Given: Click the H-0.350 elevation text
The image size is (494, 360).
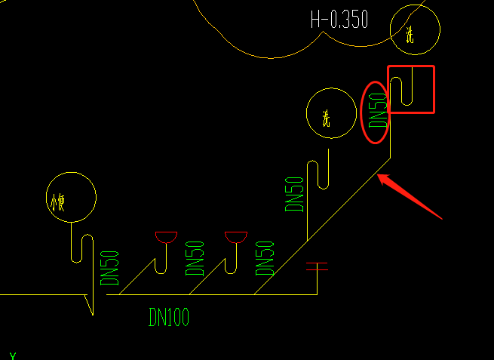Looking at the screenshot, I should click(x=339, y=20).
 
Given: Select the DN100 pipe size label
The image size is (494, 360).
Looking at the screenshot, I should click(x=168, y=318).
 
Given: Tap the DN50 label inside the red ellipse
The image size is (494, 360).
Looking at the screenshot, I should click(x=376, y=111).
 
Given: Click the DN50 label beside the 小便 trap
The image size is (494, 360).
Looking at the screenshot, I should click(x=110, y=268).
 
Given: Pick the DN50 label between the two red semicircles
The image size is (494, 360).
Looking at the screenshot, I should click(x=195, y=258).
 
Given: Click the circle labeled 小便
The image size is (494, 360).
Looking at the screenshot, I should click(x=71, y=198).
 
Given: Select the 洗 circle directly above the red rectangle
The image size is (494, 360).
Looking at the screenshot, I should click(x=414, y=29).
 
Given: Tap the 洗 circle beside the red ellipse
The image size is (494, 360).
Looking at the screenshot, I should click(x=330, y=113).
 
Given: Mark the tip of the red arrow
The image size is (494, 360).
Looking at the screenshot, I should click(x=379, y=176).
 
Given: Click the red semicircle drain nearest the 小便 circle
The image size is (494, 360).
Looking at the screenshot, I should click(x=164, y=237).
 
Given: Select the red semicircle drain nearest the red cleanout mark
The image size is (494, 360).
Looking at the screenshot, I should click(x=236, y=237).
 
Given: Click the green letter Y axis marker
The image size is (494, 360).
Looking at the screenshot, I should click(x=13, y=355).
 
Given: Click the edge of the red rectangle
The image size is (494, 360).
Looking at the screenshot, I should click(x=434, y=89).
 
